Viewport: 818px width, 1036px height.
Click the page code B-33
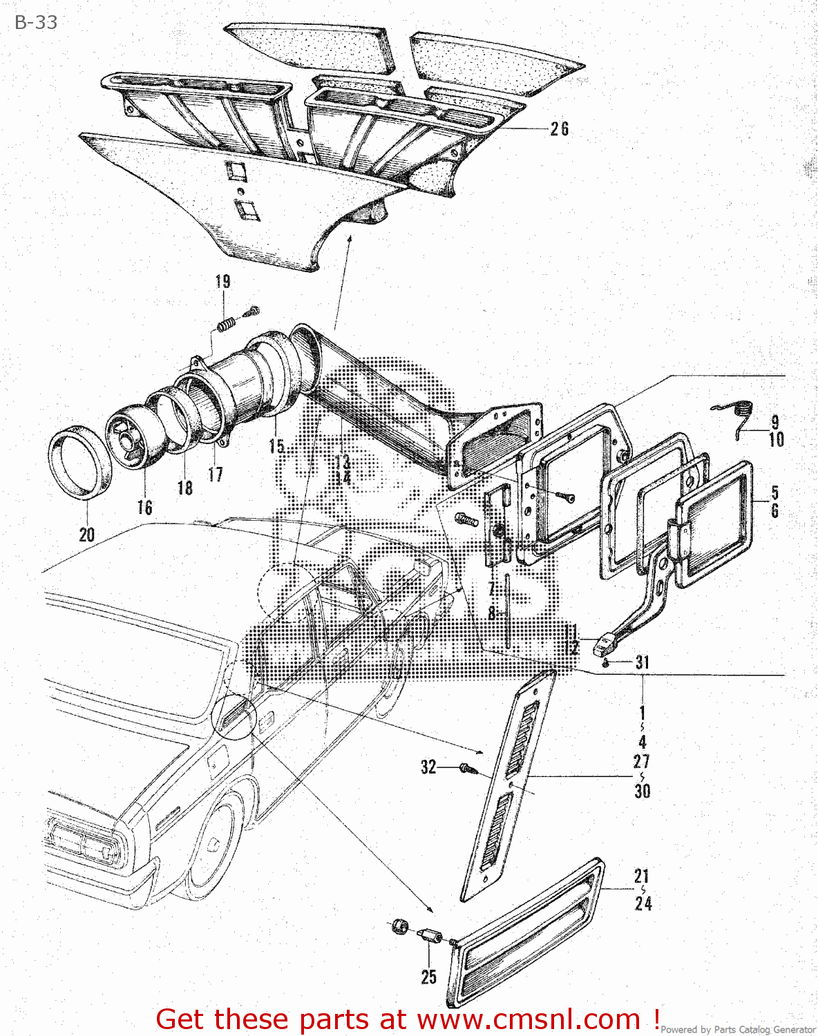pyautogui.click(x=36, y=22)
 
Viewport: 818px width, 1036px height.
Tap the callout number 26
pyautogui.click(x=559, y=129)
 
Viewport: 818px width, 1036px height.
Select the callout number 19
pyautogui.click(x=222, y=282)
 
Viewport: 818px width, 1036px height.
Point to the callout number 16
pyautogui.click(x=144, y=508)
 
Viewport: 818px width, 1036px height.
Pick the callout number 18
pyautogui.click(x=184, y=488)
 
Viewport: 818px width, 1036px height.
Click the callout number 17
pyautogui.click(x=216, y=474)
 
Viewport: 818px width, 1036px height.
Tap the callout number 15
pyautogui.click(x=276, y=446)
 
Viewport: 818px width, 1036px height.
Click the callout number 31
pyautogui.click(x=643, y=662)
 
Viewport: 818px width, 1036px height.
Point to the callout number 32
pyautogui.click(x=428, y=767)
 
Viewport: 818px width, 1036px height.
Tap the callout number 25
pyautogui.click(x=428, y=977)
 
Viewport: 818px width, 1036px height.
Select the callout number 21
pyautogui.click(x=643, y=876)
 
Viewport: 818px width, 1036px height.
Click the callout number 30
pyautogui.click(x=643, y=791)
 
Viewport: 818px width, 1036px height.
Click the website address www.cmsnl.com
pyautogui.click(x=529, y=1019)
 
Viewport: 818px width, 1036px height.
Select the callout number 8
pyautogui.click(x=492, y=613)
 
